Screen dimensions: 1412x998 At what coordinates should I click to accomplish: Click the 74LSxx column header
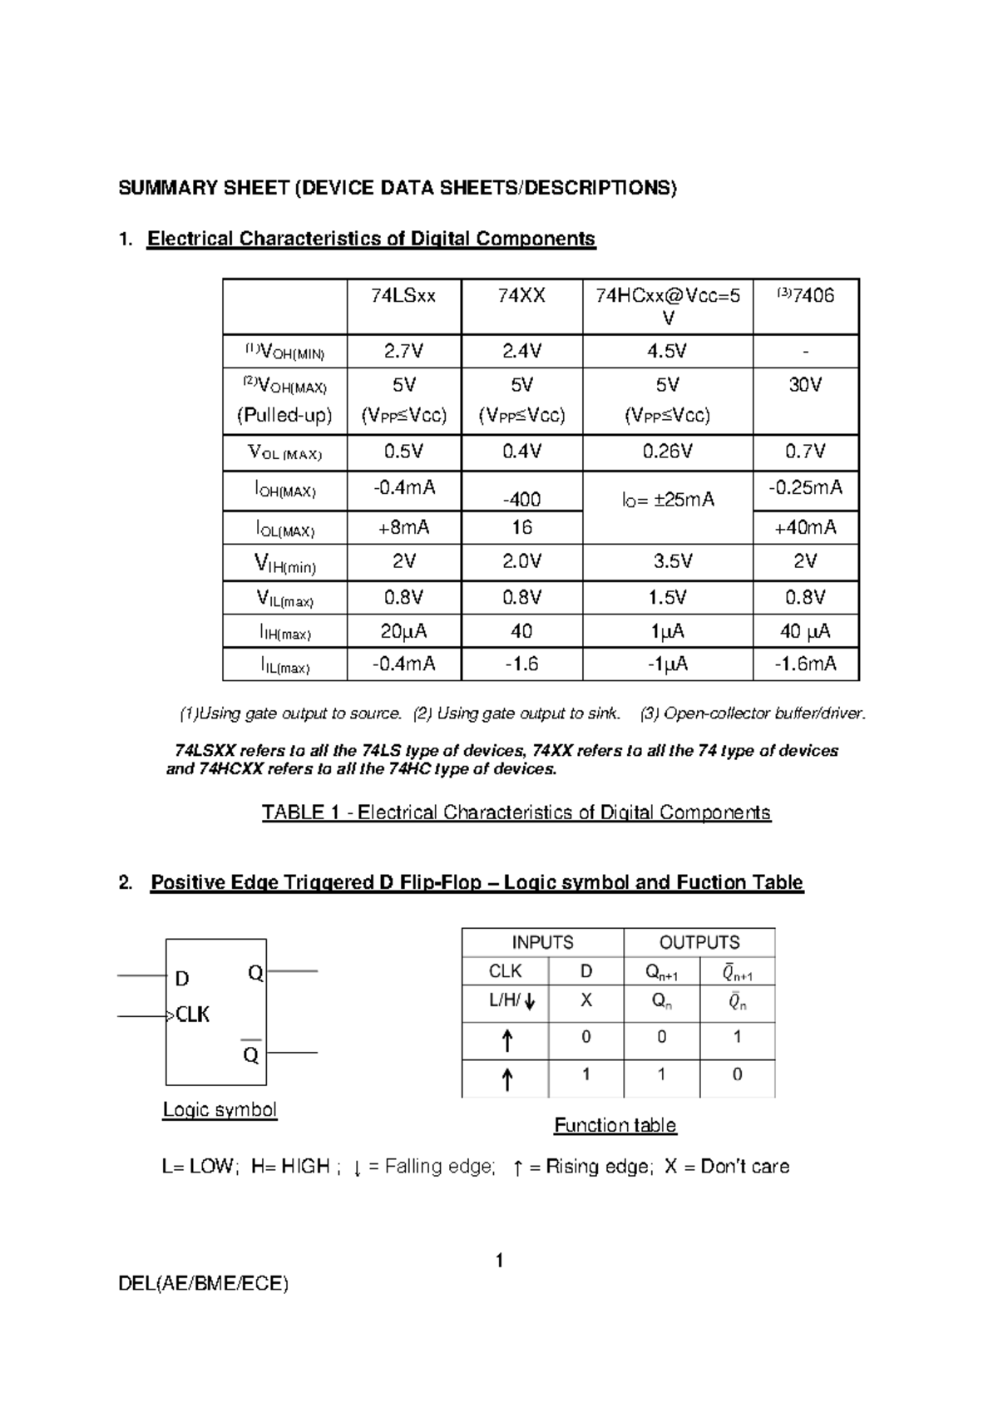[x=403, y=296]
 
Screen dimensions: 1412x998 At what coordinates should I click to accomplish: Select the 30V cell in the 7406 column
[x=805, y=385]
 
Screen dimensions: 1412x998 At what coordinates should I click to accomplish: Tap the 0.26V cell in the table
[x=667, y=452]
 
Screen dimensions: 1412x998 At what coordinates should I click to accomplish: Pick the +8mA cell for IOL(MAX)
[x=403, y=527]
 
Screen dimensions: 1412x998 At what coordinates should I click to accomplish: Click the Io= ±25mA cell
[x=667, y=500]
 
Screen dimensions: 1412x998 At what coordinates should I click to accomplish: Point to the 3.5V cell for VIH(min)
[x=667, y=561]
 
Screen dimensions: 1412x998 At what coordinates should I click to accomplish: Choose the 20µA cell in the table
[x=403, y=631]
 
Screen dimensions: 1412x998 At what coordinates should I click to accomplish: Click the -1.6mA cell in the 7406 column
[x=805, y=664]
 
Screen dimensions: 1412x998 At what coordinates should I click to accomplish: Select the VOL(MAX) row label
[x=284, y=453]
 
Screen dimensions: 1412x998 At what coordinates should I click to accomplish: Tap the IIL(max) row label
[x=284, y=665]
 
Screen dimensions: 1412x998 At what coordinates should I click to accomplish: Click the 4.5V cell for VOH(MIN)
[x=667, y=352]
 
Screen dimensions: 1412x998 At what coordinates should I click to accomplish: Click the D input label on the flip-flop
[x=182, y=979]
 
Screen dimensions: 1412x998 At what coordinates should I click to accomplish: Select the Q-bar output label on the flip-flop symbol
[x=251, y=1054]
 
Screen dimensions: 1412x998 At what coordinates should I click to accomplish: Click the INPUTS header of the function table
[x=542, y=942]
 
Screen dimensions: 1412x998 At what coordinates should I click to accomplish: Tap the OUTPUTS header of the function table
[x=699, y=942]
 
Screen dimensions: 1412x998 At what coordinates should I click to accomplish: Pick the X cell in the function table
[x=585, y=1000]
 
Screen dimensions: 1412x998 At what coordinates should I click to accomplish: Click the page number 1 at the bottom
[x=499, y=1261]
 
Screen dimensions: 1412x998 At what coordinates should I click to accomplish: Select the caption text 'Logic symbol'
[x=220, y=1109]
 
